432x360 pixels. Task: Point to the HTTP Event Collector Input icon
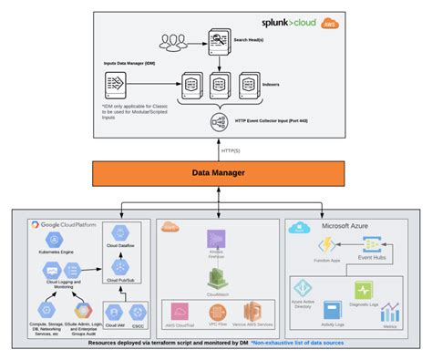point(219,120)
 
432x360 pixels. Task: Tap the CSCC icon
point(138,310)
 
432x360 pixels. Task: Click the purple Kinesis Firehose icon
point(215,243)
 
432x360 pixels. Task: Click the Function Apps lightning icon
point(325,245)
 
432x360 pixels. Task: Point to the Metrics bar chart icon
point(394,313)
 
